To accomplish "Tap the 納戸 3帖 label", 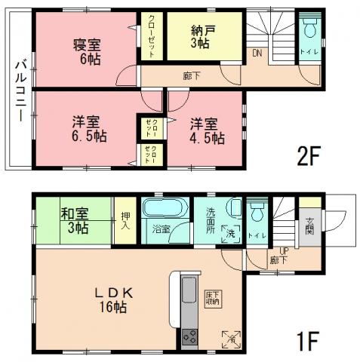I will [201, 36].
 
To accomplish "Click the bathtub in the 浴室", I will [163, 209].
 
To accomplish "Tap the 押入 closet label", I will [125, 219].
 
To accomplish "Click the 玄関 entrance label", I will [309, 225].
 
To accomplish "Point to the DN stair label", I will [257, 53].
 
